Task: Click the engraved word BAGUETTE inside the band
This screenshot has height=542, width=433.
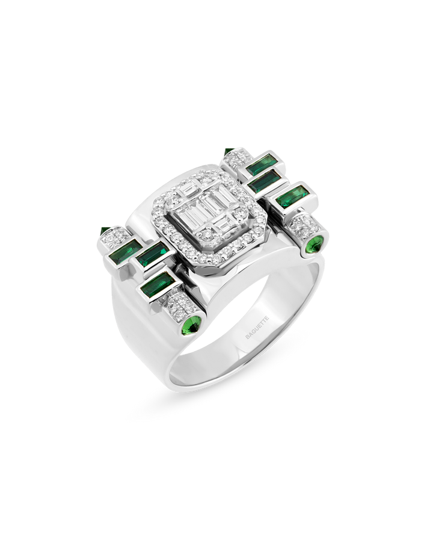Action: tap(257, 327)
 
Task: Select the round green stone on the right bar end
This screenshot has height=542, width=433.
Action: tap(315, 245)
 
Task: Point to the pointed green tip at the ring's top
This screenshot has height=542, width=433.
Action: tap(229, 151)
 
